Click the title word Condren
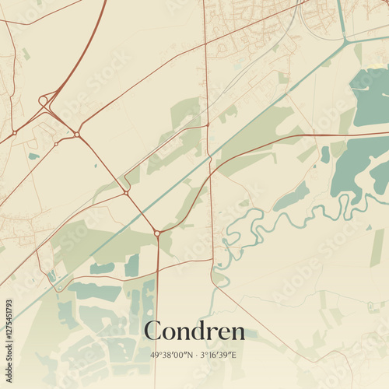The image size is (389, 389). (x=194, y=331)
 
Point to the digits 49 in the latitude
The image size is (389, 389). (x=154, y=355)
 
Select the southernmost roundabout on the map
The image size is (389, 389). (x=157, y=233)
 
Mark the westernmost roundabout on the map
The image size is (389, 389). (x=14, y=132)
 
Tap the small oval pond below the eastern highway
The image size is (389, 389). (x=324, y=154)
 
